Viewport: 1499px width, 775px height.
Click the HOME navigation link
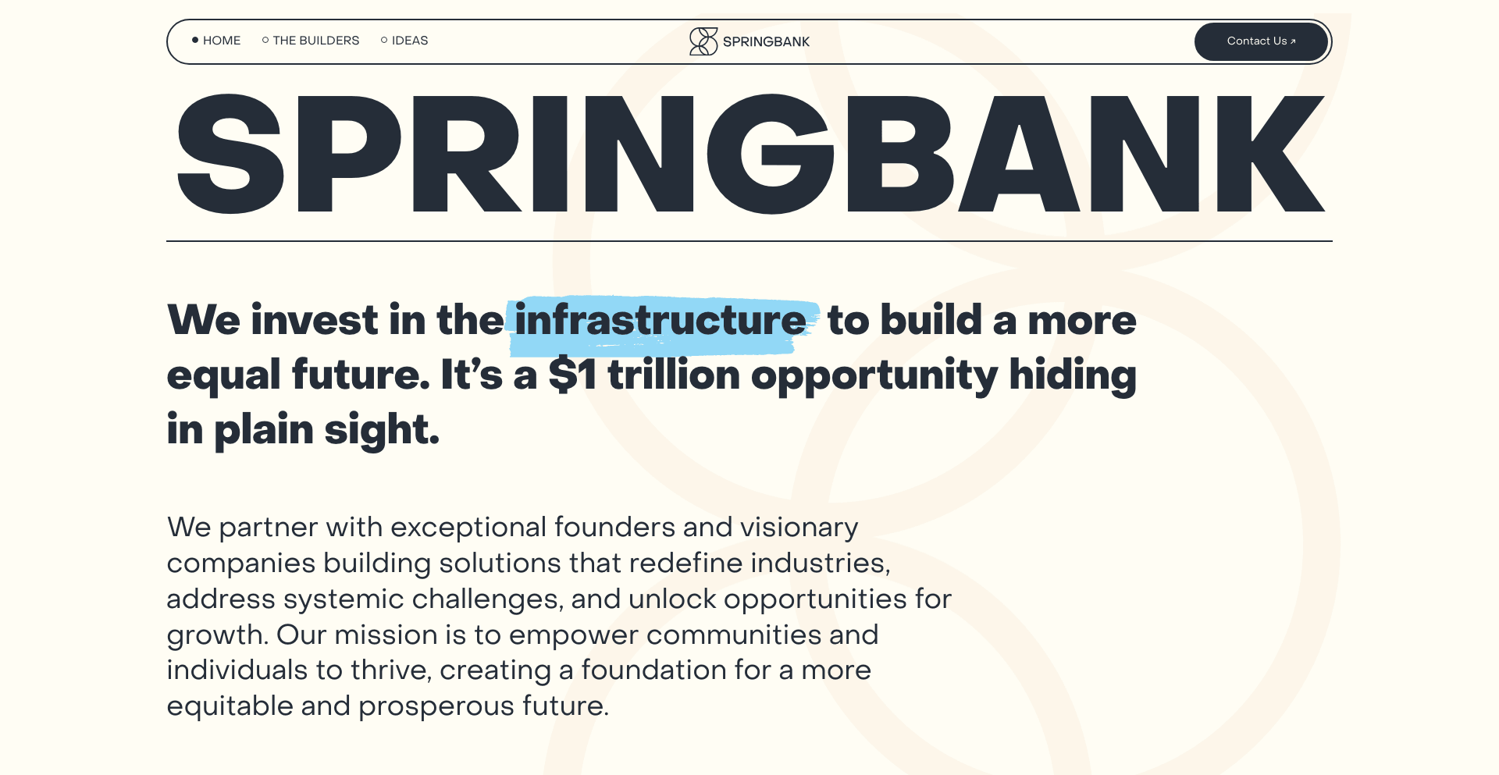(x=222, y=41)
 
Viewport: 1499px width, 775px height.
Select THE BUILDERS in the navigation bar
(x=316, y=41)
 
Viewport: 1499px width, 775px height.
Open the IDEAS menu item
(x=410, y=41)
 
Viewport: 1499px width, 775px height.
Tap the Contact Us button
(x=1261, y=41)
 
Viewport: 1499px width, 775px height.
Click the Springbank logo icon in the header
(x=703, y=41)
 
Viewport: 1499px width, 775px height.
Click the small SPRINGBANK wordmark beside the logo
(x=766, y=42)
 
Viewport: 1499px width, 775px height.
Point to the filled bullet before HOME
(x=195, y=40)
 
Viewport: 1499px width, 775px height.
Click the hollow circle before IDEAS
(x=384, y=40)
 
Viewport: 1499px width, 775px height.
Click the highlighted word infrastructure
(x=660, y=320)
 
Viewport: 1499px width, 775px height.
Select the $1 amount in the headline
(x=572, y=375)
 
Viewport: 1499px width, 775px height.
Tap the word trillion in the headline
(x=674, y=375)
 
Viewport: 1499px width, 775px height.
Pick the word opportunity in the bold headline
(x=874, y=376)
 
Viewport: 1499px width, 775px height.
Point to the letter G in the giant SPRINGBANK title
(x=771, y=154)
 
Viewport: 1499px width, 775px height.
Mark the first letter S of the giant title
(x=230, y=154)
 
